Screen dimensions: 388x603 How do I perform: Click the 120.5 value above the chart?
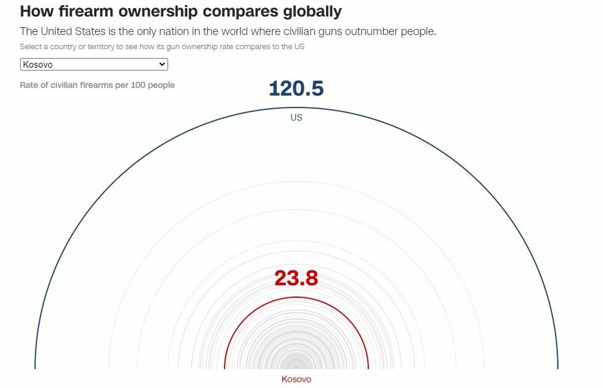coord(296,89)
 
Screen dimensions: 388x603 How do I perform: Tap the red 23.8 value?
coord(296,278)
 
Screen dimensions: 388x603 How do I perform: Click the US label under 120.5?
coord(296,118)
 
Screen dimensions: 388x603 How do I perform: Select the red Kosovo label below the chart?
coord(296,379)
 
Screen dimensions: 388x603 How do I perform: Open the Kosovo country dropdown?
coord(94,64)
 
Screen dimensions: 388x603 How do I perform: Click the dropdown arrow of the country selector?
coord(162,64)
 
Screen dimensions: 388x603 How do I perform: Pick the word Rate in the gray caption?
coord(30,85)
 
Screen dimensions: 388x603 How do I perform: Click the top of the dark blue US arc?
coord(296,108)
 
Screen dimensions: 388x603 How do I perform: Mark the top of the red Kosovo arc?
coord(296,297)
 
